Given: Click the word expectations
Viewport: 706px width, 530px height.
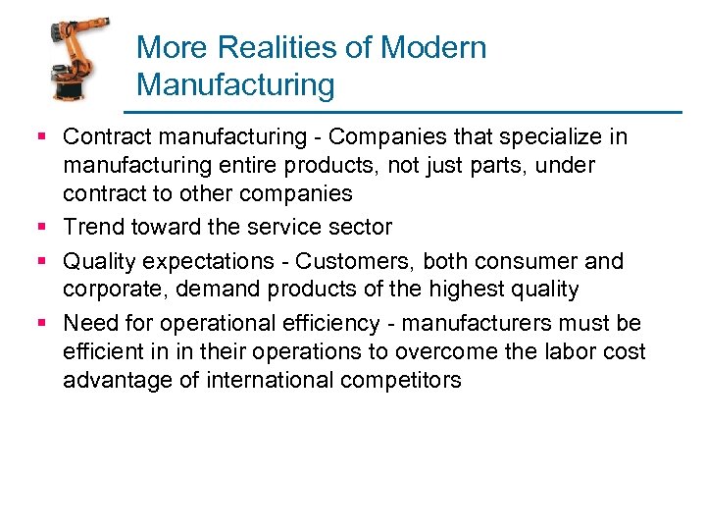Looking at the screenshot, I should (x=212, y=261).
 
